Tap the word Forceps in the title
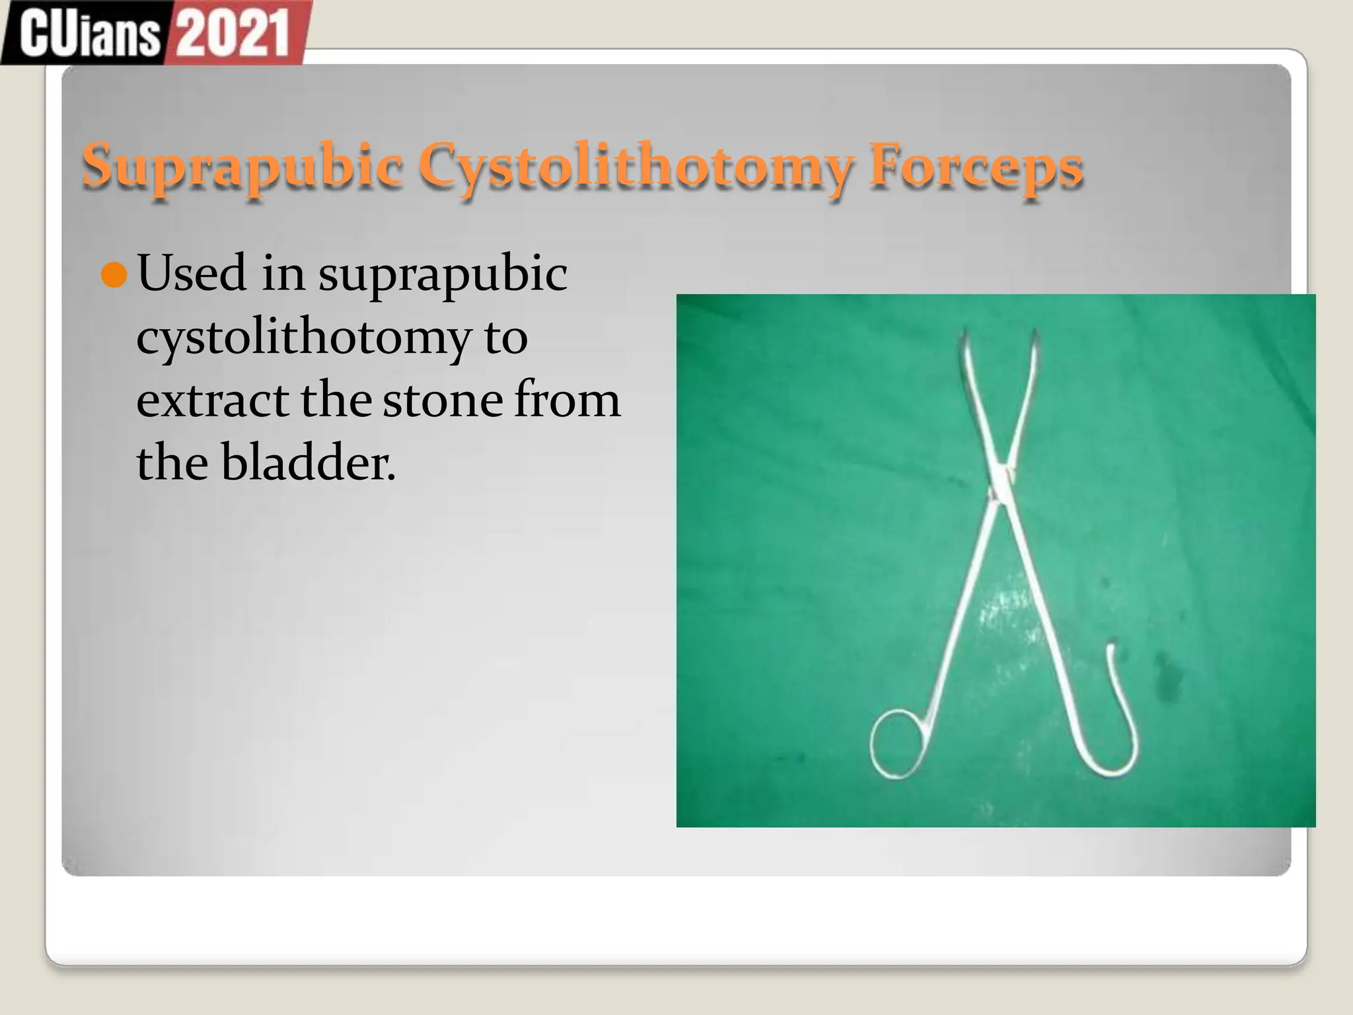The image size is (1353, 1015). (976, 165)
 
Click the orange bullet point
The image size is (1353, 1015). (114, 275)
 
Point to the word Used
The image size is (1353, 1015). (192, 272)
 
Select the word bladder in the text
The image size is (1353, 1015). (308, 463)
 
